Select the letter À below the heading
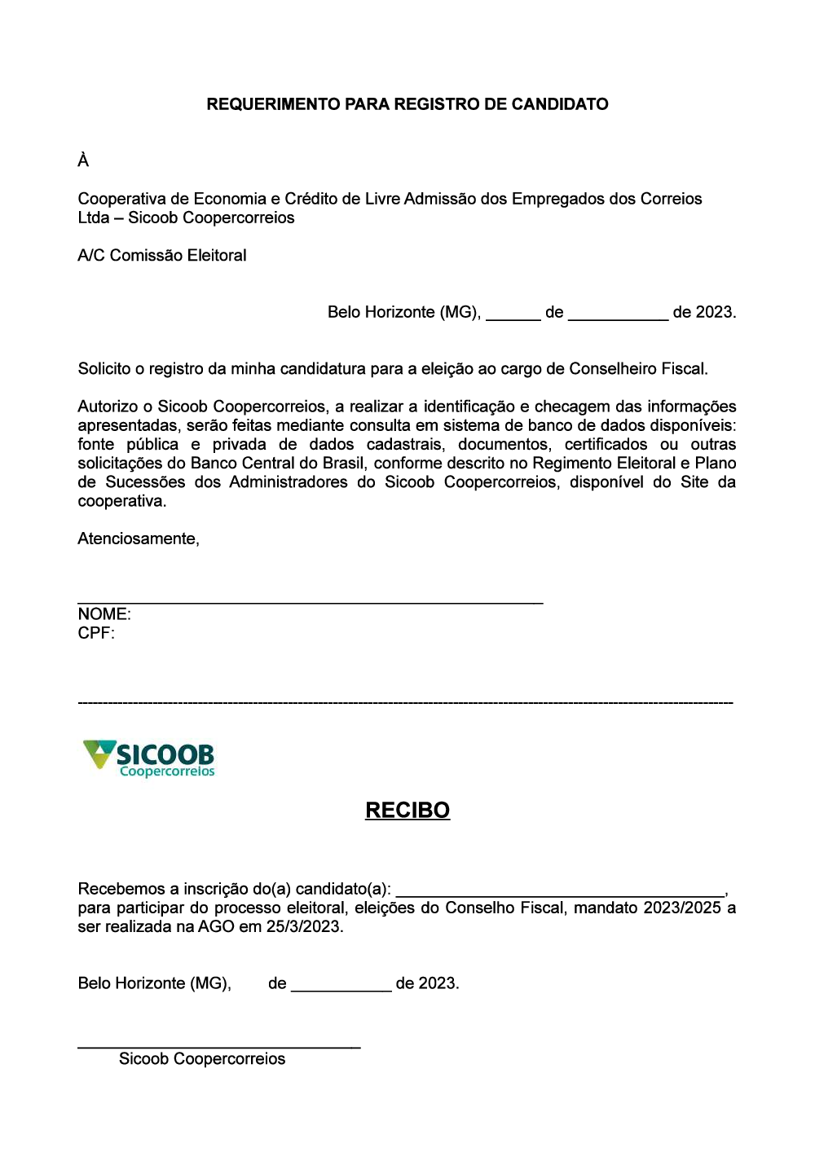click(x=83, y=160)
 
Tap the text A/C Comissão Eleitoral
click(x=162, y=256)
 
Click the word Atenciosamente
click(x=138, y=539)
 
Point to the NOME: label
click(x=104, y=614)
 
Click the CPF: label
click(x=96, y=634)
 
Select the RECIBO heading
click(x=407, y=811)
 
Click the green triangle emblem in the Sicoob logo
click(x=99, y=754)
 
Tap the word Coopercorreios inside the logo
click(x=167, y=772)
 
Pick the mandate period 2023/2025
click(x=682, y=908)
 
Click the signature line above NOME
click(x=310, y=603)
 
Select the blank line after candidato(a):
click(x=560, y=895)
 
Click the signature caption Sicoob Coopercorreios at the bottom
click(x=202, y=1059)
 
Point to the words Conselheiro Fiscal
click(x=637, y=369)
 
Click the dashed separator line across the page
click(x=405, y=702)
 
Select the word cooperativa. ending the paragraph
click(x=121, y=502)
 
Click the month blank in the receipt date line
click(x=341, y=988)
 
